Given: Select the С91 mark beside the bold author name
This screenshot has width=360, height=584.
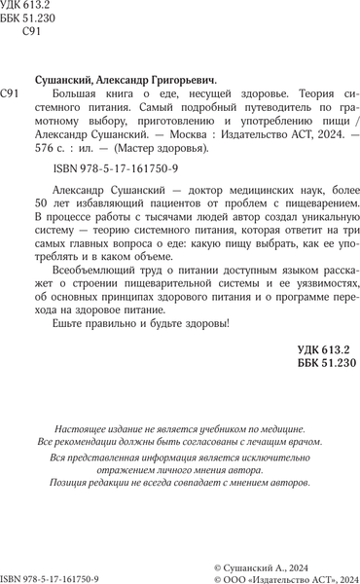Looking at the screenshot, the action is coord(14,93).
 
